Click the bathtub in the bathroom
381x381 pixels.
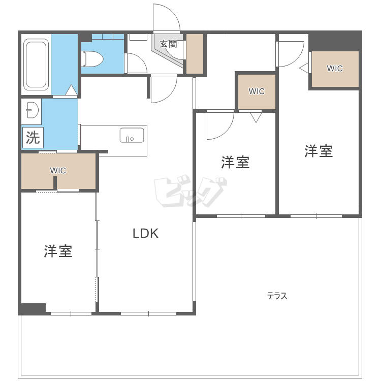click(x=36, y=65)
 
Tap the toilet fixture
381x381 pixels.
click(x=92, y=58)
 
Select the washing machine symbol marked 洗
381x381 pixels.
click(x=33, y=138)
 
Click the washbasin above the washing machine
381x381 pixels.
click(x=32, y=111)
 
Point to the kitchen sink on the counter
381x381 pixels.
click(x=132, y=135)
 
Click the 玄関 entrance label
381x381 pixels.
click(x=168, y=44)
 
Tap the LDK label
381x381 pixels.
click(x=146, y=233)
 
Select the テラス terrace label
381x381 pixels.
click(x=277, y=296)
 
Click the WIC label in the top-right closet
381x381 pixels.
click(x=335, y=69)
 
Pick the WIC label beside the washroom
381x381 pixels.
click(x=58, y=171)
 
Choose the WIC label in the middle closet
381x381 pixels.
click(x=257, y=91)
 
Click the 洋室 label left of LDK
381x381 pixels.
click(x=58, y=251)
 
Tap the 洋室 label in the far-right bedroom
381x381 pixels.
click(x=319, y=151)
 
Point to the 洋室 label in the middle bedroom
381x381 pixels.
click(x=235, y=163)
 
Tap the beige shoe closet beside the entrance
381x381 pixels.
click(x=195, y=54)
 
